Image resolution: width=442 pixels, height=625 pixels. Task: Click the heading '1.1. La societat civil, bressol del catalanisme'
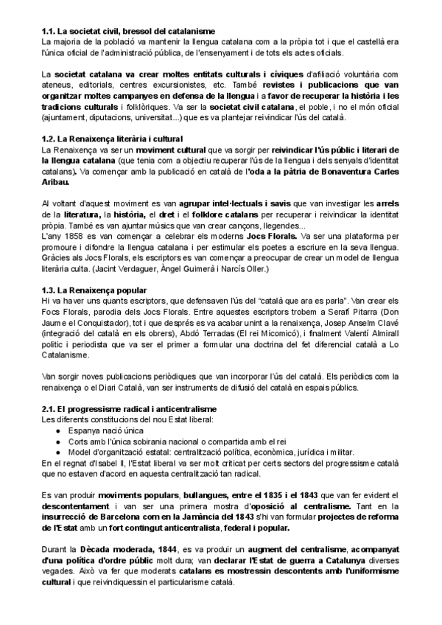[127, 31]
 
